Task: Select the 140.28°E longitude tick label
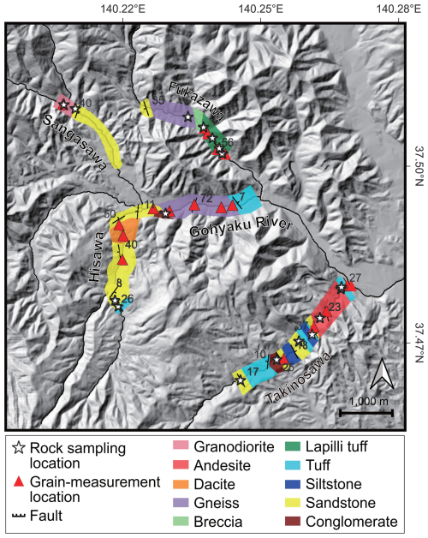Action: [x=393, y=10]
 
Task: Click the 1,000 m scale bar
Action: [x=366, y=412]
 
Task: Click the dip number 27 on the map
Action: [x=355, y=278]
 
